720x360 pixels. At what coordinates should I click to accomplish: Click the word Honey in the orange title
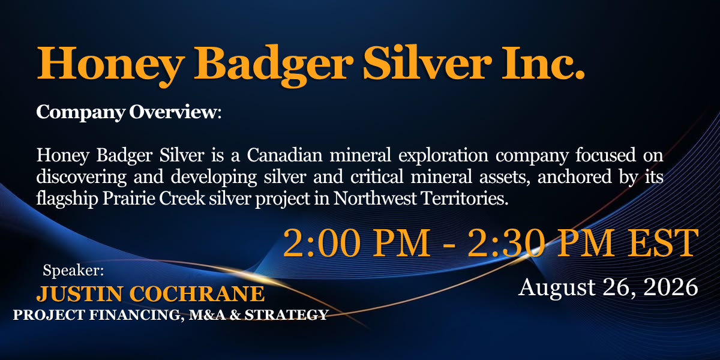(110, 64)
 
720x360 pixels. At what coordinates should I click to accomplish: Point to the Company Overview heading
(128, 113)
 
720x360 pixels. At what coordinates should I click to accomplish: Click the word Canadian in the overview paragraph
(284, 155)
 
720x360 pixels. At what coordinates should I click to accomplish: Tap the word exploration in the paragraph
(443, 156)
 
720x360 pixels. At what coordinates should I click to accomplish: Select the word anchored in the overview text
(574, 177)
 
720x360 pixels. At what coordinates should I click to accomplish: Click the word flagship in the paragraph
(67, 199)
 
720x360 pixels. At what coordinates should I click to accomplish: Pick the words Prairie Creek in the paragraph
(154, 199)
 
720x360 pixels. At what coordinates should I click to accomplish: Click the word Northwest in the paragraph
(375, 199)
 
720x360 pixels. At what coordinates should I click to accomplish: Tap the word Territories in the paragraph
(465, 199)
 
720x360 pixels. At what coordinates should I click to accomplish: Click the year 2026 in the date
(671, 287)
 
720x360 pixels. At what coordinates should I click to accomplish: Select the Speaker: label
(73, 270)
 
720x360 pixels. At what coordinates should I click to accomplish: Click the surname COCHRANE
(197, 294)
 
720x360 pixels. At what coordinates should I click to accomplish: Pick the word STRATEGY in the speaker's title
(286, 315)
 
